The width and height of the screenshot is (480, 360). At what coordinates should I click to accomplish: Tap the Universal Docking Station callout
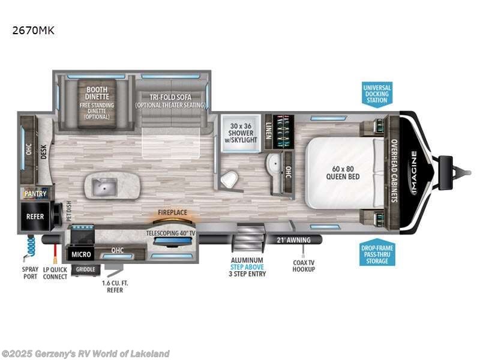[377, 94]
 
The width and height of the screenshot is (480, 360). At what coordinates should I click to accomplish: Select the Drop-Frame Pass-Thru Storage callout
[377, 253]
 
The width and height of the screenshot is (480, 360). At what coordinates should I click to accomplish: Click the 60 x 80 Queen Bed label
[343, 172]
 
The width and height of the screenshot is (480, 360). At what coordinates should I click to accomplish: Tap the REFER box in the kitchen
[35, 216]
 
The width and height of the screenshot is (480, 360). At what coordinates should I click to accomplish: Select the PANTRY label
[35, 194]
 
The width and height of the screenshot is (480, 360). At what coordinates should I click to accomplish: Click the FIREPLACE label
[173, 212]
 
